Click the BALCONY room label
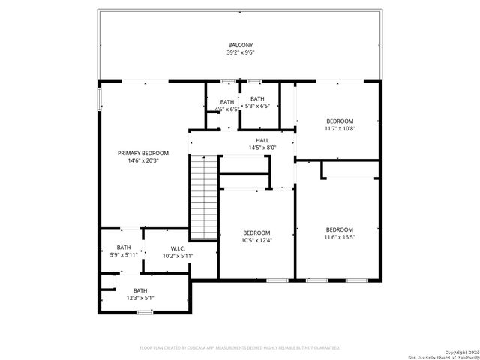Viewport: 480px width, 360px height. point(240,46)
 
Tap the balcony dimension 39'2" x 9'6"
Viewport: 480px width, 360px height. point(240,53)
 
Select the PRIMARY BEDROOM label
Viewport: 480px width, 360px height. point(142,153)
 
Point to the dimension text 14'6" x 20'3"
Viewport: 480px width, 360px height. point(142,160)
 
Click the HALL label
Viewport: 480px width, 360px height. point(262,140)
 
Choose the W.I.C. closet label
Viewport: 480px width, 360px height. point(178,248)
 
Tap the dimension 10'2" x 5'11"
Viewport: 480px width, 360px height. point(178,256)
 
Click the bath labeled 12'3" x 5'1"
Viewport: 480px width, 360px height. point(140,294)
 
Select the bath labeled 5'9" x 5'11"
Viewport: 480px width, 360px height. point(123,251)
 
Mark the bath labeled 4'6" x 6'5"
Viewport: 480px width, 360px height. point(226,105)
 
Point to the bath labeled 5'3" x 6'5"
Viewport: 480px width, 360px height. point(257,102)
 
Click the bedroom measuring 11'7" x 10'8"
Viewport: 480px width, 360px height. point(339,124)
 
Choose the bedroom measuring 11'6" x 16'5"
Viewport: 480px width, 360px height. point(339,233)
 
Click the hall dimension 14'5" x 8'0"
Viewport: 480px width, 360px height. point(262,148)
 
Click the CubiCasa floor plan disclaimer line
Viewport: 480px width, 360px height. point(240,347)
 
